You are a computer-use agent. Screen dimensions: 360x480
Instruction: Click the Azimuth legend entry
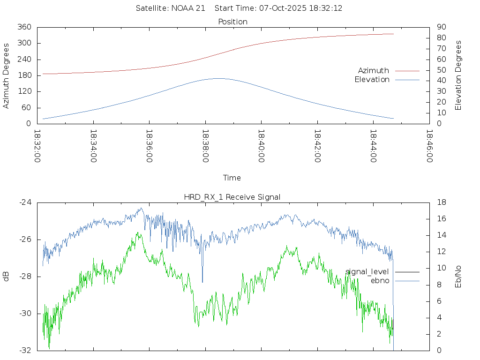(374, 70)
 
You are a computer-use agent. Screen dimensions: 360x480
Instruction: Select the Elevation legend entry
(372, 80)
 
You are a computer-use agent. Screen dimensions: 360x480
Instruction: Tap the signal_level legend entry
(367, 271)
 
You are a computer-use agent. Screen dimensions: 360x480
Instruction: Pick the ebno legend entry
(380, 280)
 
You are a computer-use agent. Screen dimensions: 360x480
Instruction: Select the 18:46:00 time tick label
(429, 146)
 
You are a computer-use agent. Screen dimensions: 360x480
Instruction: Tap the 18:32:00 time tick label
(37, 146)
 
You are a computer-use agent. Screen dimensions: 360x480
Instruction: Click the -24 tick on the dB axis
(25, 202)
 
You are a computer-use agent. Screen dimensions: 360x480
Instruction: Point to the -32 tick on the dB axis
(25, 350)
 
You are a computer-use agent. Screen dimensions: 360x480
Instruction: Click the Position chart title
(232, 22)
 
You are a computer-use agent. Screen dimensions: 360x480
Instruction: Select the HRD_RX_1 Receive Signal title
(232, 197)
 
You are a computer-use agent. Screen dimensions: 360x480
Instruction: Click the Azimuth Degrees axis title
(6, 75)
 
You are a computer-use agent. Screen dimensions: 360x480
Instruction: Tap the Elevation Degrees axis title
(458, 75)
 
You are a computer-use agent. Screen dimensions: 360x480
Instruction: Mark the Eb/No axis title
(458, 277)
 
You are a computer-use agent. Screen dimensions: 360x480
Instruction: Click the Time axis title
(232, 178)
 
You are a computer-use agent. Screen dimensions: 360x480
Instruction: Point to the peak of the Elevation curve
(219, 78)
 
